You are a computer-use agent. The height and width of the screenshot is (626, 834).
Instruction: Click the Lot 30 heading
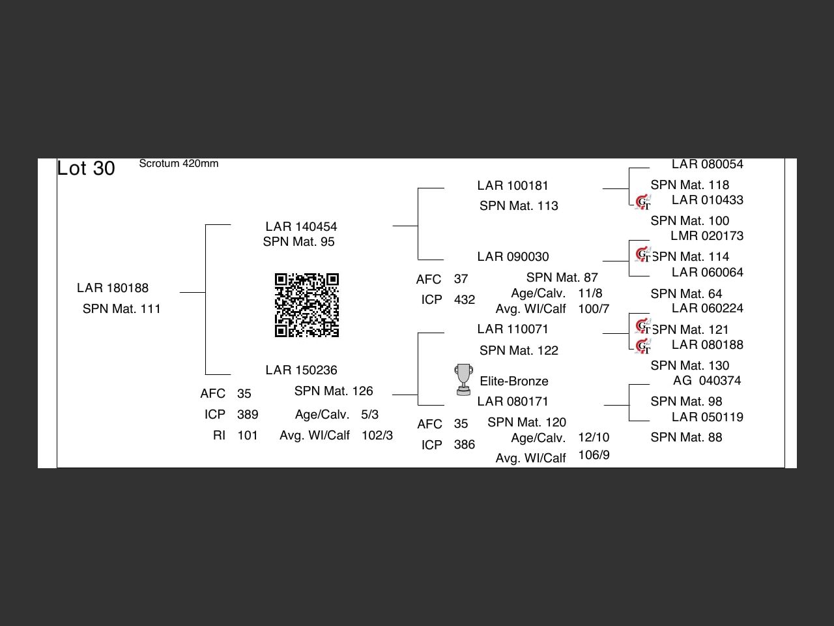(86, 168)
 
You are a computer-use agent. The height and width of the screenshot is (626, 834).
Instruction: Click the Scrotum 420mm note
(179, 164)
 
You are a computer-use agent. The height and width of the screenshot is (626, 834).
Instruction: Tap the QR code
(306, 305)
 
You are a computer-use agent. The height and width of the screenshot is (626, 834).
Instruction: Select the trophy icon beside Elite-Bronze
(463, 380)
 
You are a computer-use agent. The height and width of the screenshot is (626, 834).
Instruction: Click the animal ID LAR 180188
(113, 288)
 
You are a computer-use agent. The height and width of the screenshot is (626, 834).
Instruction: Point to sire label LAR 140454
(301, 227)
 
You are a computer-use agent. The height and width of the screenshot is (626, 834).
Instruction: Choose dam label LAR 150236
(301, 370)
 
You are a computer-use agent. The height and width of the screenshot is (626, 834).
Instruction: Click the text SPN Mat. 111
(121, 309)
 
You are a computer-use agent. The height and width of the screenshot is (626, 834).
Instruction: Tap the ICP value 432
(465, 300)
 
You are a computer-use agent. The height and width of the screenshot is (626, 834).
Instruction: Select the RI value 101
(248, 436)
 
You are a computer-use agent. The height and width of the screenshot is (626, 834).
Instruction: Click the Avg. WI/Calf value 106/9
(594, 455)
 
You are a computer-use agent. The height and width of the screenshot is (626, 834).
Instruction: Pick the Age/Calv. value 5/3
(369, 415)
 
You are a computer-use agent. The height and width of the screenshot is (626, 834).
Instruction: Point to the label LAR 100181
(513, 186)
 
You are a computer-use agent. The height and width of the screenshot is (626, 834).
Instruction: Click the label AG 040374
(707, 381)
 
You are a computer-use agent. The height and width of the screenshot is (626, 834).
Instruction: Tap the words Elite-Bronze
(514, 381)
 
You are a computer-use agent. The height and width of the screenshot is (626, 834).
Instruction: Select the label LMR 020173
(707, 236)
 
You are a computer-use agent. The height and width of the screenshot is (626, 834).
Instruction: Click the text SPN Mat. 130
(689, 366)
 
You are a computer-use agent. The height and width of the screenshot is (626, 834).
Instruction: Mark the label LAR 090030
(513, 257)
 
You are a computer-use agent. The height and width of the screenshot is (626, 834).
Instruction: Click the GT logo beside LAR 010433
(643, 202)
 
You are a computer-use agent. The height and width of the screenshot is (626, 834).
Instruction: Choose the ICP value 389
(248, 415)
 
